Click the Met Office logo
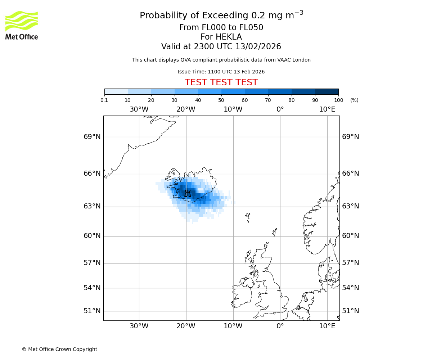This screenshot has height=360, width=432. (22, 25)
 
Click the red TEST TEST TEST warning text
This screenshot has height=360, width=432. (221, 82)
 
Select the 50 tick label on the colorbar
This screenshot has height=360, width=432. (221, 100)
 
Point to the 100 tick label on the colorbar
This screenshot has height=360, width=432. (338, 100)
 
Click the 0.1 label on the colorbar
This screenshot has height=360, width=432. (104, 100)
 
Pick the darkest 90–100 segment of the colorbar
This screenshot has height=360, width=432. (327, 91)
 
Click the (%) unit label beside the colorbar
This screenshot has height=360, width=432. (354, 100)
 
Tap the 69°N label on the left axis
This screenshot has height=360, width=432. (92, 137)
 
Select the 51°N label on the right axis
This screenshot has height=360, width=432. (350, 311)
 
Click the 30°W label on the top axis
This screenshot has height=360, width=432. (139, 109)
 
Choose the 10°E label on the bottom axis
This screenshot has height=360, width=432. (327, 326)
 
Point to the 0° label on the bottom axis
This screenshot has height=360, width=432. (280, 326)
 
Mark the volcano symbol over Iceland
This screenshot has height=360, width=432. (188, 193)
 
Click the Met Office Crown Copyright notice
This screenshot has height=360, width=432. (59, 349)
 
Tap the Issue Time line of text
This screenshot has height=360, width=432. (221, 72)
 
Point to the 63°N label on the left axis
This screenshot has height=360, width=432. (92, 206)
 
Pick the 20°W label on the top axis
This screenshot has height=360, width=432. (186, 109)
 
